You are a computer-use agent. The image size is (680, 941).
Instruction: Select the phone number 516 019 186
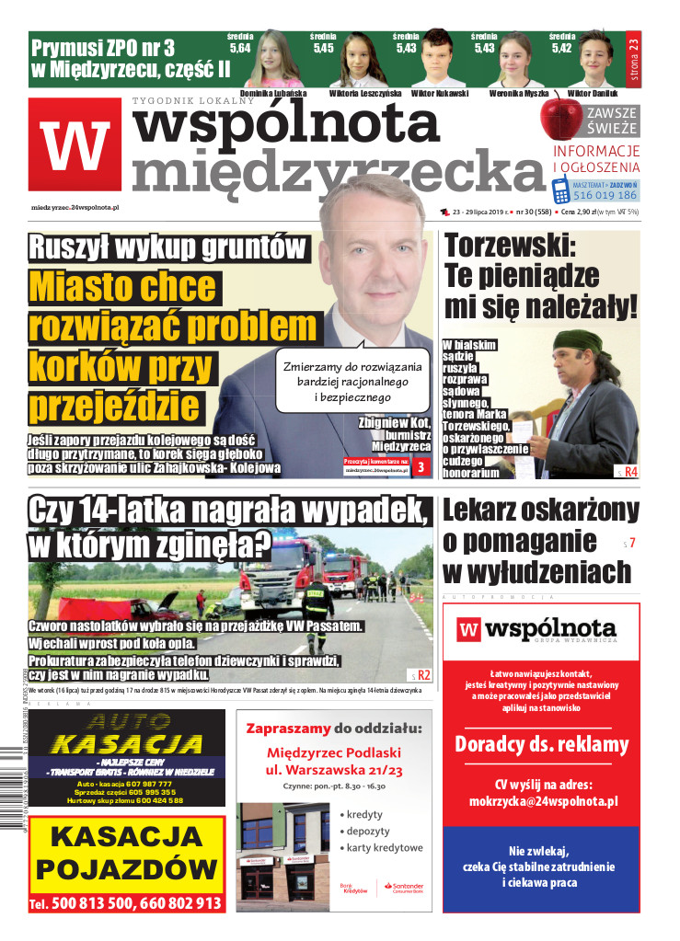click(605, 195)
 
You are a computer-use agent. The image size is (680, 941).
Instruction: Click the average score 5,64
click(239, 48)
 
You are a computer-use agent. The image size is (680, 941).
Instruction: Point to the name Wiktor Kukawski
click(439, 94)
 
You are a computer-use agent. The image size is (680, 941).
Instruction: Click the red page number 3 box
click(421, 468)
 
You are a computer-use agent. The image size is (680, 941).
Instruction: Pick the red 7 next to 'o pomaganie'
click(632, 544)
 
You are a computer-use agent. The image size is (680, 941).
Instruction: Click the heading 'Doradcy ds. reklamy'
click(541, 743)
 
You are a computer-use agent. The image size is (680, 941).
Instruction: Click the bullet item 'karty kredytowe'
click(385, 847)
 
